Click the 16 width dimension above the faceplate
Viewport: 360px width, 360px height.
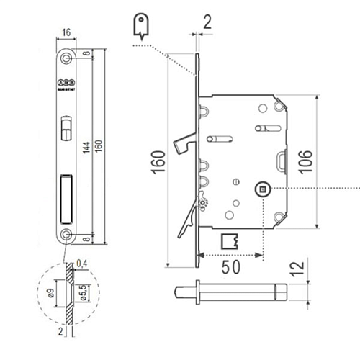coord(66,33)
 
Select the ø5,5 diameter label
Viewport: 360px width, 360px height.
coord(84,295)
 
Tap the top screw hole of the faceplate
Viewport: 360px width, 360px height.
coord(67,56)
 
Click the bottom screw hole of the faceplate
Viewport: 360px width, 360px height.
coord(67,234)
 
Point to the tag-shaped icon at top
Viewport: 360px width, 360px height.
coord(142,25)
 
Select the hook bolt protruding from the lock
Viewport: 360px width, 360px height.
coord(181,145)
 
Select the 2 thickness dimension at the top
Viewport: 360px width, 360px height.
coord(207,22)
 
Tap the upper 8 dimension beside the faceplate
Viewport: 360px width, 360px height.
coord(86,53)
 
